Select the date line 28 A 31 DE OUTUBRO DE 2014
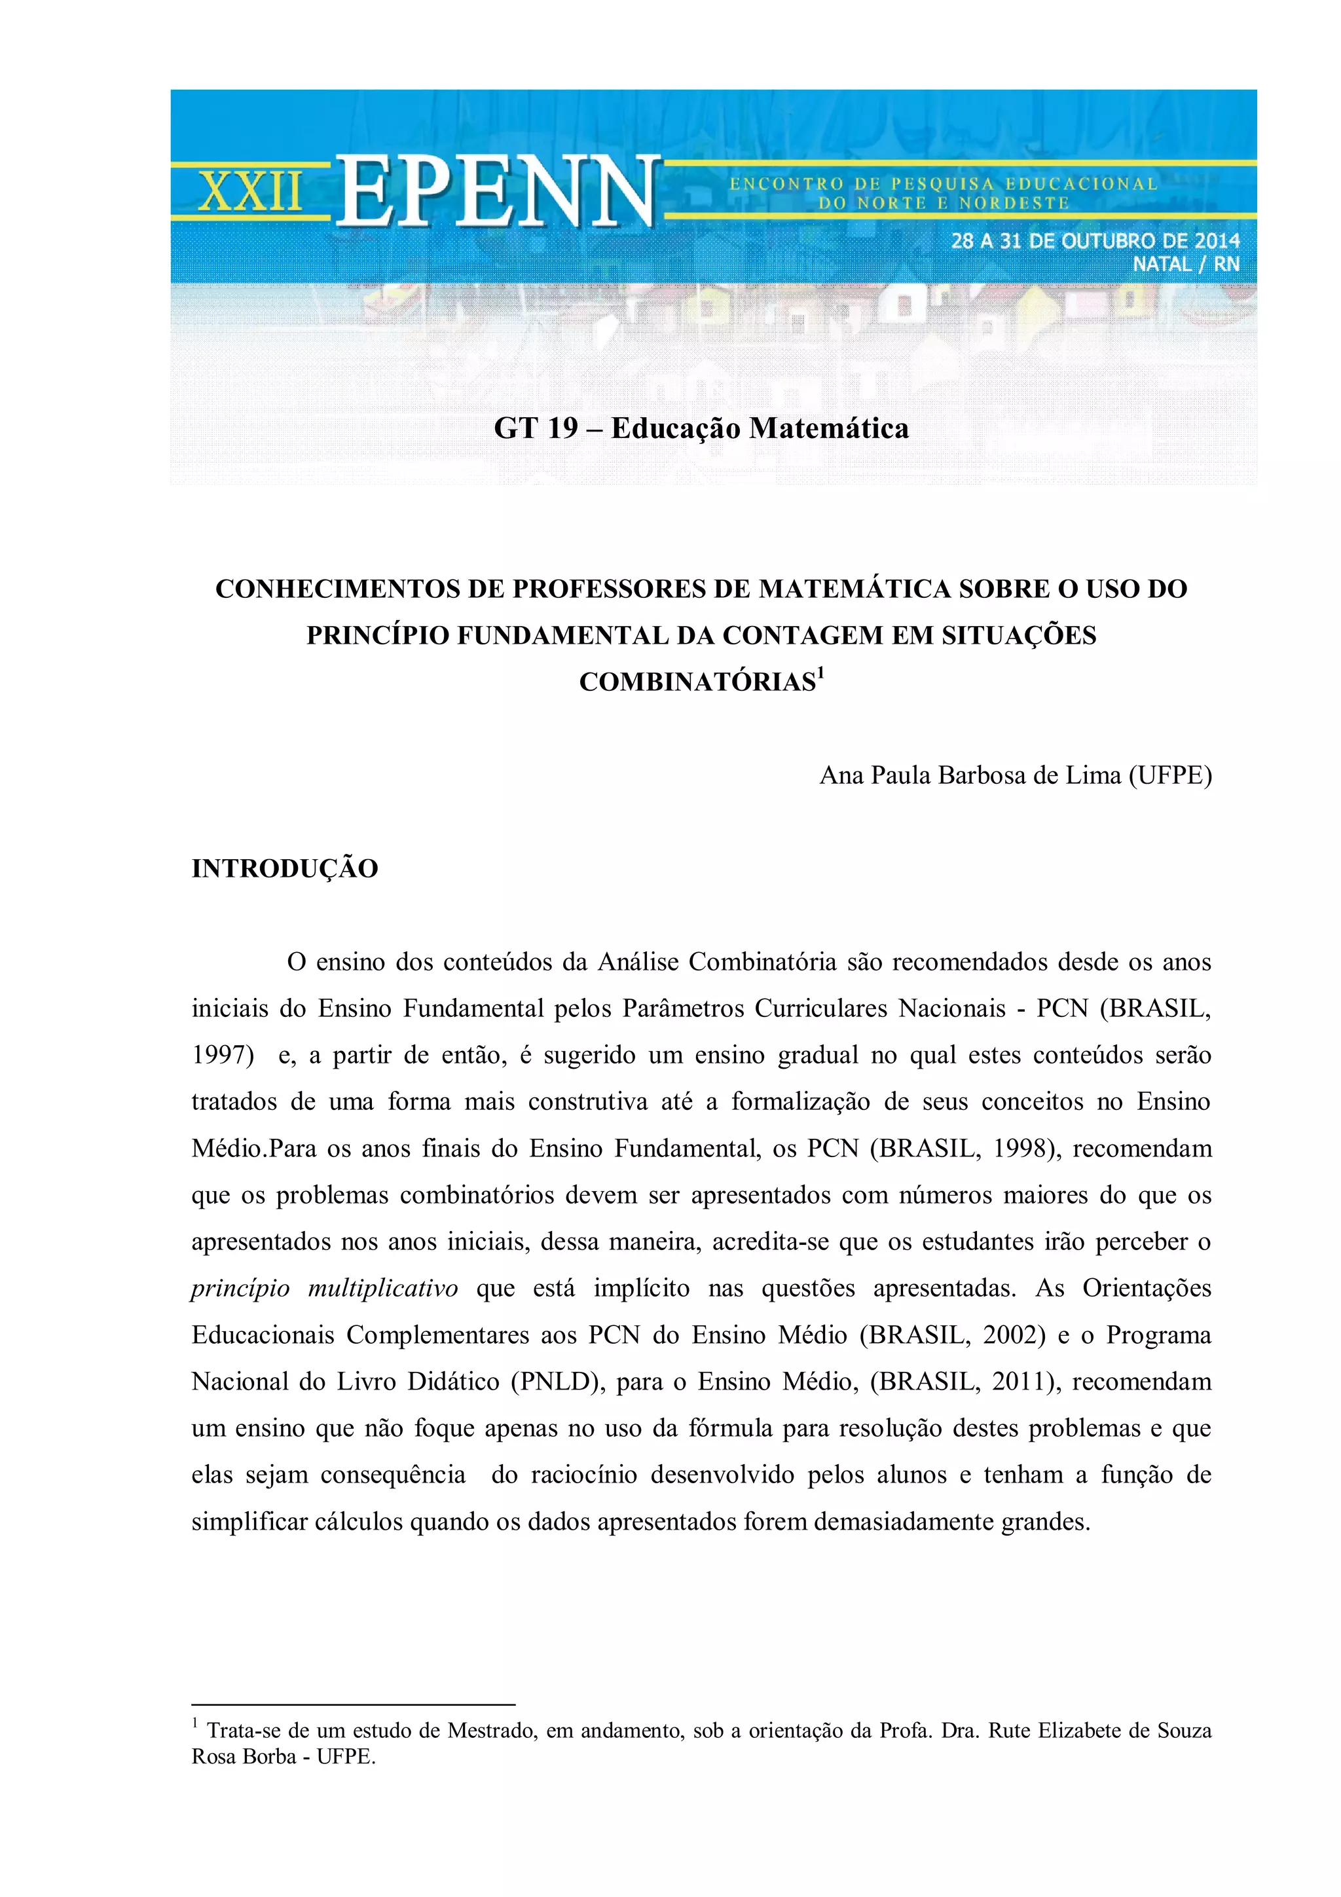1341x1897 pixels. pos(1095,240)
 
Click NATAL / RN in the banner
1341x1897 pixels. pos(1186,265)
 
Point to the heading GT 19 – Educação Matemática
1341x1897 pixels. pos(701,428)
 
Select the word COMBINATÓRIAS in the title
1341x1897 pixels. pos(697,682)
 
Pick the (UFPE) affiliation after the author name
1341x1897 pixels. pos(1170,775)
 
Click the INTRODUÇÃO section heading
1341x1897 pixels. pos(285,868)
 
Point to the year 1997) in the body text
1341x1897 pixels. pos(223,1055)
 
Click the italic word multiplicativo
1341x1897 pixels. pos(382,1288)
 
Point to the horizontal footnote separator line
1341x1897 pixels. pos(353,1704)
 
